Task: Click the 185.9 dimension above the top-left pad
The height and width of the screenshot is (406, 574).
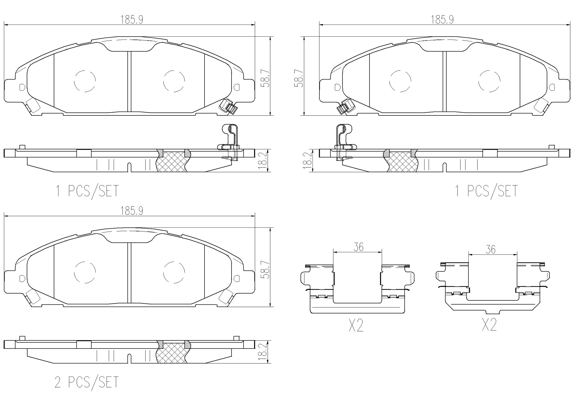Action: [132, 20]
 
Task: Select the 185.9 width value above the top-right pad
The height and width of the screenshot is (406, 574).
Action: [442, 20]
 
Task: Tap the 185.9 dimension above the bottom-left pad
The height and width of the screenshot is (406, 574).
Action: [132, 211]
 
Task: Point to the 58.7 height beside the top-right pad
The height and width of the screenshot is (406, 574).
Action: [299, 78]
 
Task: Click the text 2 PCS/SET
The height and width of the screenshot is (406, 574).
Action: [87, 382]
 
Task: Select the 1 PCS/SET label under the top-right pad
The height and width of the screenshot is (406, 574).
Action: [486, 191]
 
